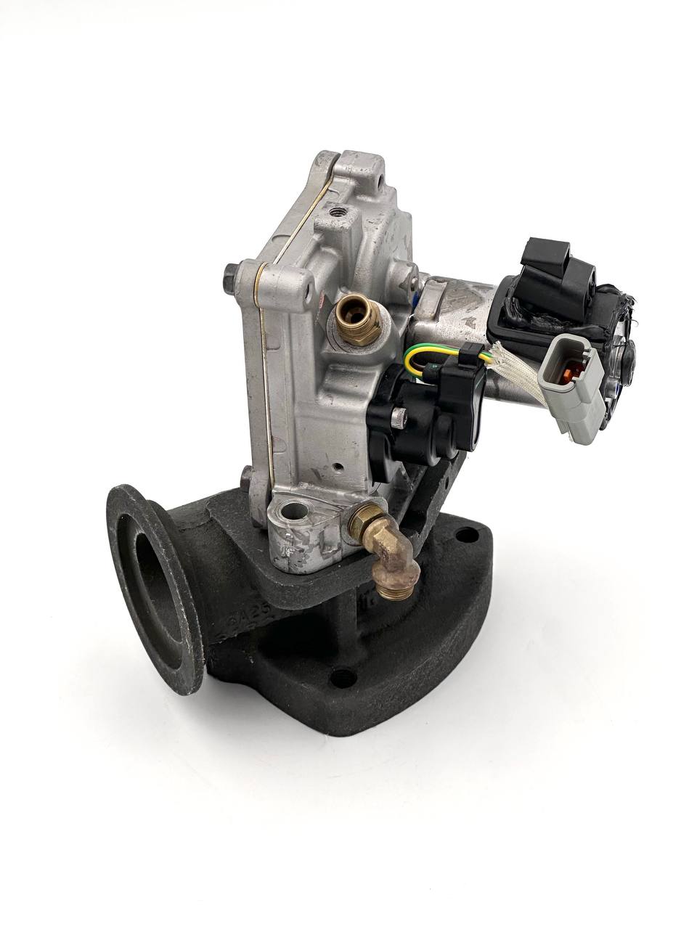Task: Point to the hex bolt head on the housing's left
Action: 230,277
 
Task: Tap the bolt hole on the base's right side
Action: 460,536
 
